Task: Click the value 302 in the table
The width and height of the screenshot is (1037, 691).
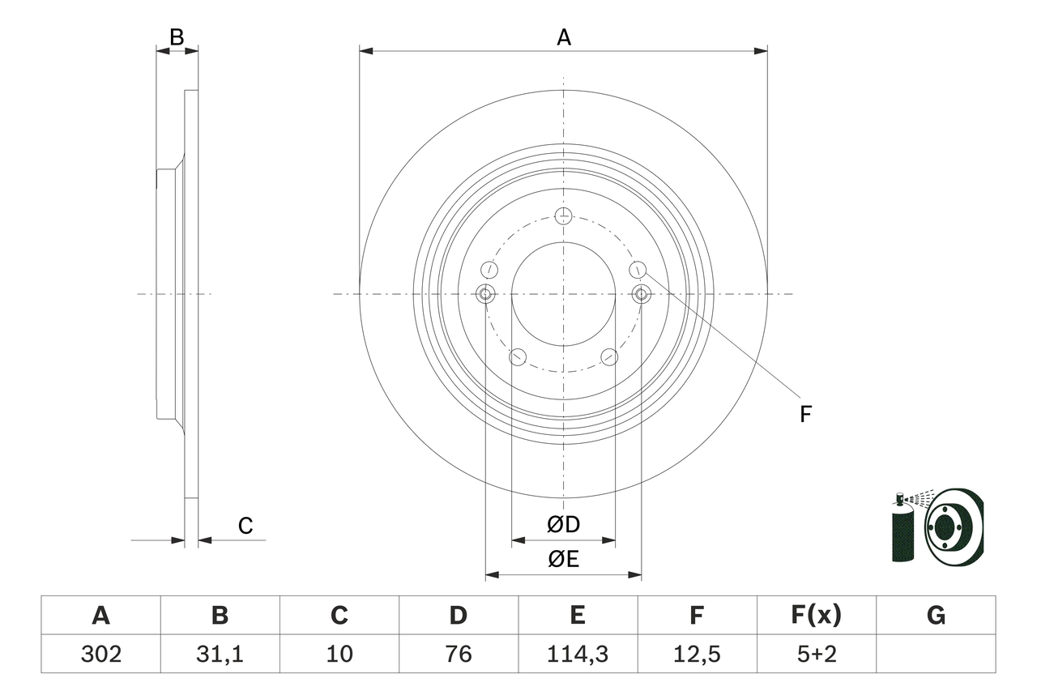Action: click(x=100, y=654)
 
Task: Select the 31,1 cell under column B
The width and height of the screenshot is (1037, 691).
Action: click(x=220, y=654)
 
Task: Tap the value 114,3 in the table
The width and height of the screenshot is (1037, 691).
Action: click(x=577, y=654)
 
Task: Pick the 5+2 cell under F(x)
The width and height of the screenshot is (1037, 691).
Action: click(x=816, y=654)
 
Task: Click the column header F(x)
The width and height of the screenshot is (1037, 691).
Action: click(x=816, y=616)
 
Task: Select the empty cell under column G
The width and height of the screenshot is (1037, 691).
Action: click(x=936, y=654)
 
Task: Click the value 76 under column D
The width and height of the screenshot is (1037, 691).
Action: click(x=458, y=654)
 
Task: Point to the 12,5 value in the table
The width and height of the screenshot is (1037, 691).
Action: click(x=697, y=654)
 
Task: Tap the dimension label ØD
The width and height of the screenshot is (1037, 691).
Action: click(x=563, y=525)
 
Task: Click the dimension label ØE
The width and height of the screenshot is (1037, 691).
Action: click(x=563, y=559)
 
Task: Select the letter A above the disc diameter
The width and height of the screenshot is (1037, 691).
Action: click(x=563, y=37)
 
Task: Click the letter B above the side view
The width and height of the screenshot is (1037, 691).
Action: click(x=177, y=37)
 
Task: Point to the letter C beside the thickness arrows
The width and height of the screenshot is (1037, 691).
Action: click(x=245, y=527)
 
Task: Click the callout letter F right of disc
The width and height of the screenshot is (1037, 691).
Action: click(x=805, y=415)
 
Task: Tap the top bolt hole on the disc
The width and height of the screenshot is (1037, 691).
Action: click(x=564, y=215)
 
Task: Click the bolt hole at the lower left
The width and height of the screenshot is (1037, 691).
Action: click(x=518, y=356)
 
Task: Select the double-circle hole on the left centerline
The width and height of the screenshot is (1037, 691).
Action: click(x=485, y=294)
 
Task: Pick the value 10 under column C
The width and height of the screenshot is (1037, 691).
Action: click(x=339, y=654)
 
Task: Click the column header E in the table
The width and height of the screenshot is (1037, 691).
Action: click(x=577, y=616)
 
